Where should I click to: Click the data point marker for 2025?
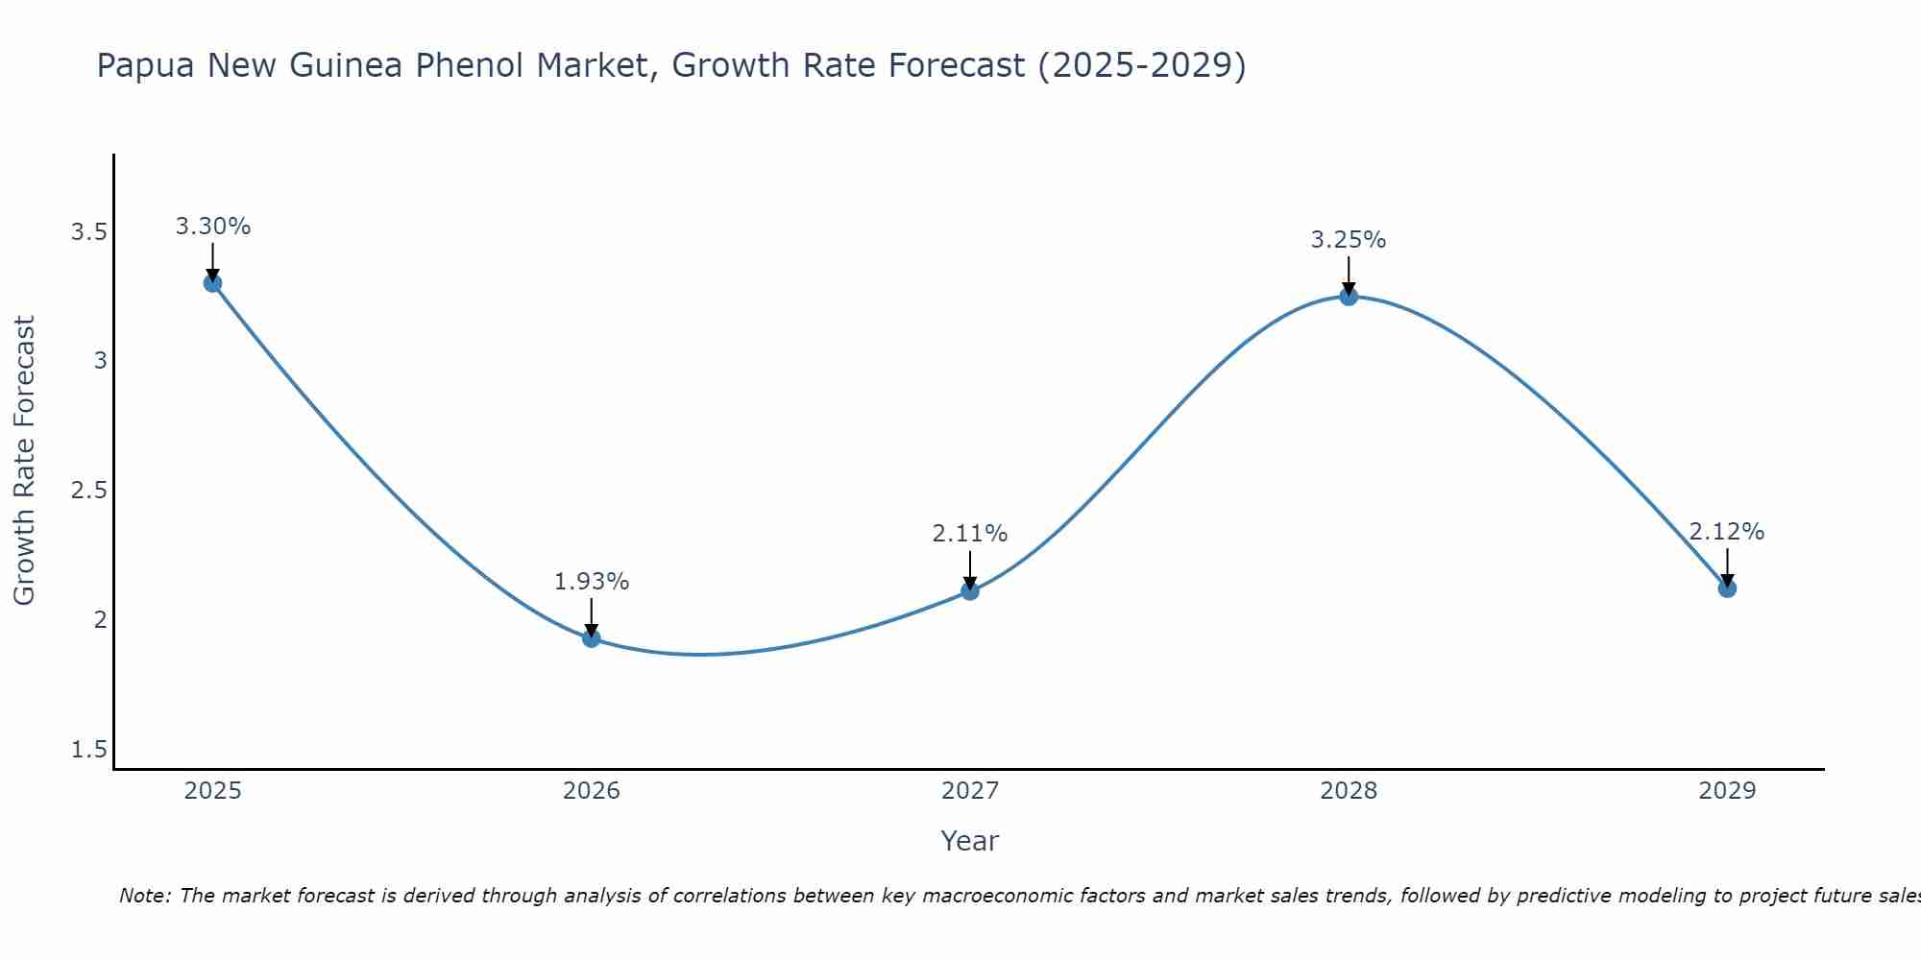click(213, 283)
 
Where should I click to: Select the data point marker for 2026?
click(592, 638)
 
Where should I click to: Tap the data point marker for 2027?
click(970, 591)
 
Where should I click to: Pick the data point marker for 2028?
click(1349, 297)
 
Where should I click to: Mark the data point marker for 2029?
click(1727, 588)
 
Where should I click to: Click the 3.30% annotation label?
click(213, 227)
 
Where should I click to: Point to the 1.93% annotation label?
click(592, 582)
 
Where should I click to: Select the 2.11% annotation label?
click(970, 534)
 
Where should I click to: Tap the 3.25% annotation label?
click(1349, 240)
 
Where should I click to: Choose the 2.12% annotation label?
click(1727, 532)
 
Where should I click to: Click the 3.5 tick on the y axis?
click(88, 232)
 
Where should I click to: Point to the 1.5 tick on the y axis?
click(88, 750)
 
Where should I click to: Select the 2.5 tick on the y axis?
click(88, 491)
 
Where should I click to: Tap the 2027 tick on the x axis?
click(970, 791)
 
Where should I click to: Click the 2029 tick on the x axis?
click(1727, 791)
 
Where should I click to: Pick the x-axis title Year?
click(970, 841)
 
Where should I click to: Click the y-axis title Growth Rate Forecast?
click(24, 461)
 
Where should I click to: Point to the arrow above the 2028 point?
click(1349, 275)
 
